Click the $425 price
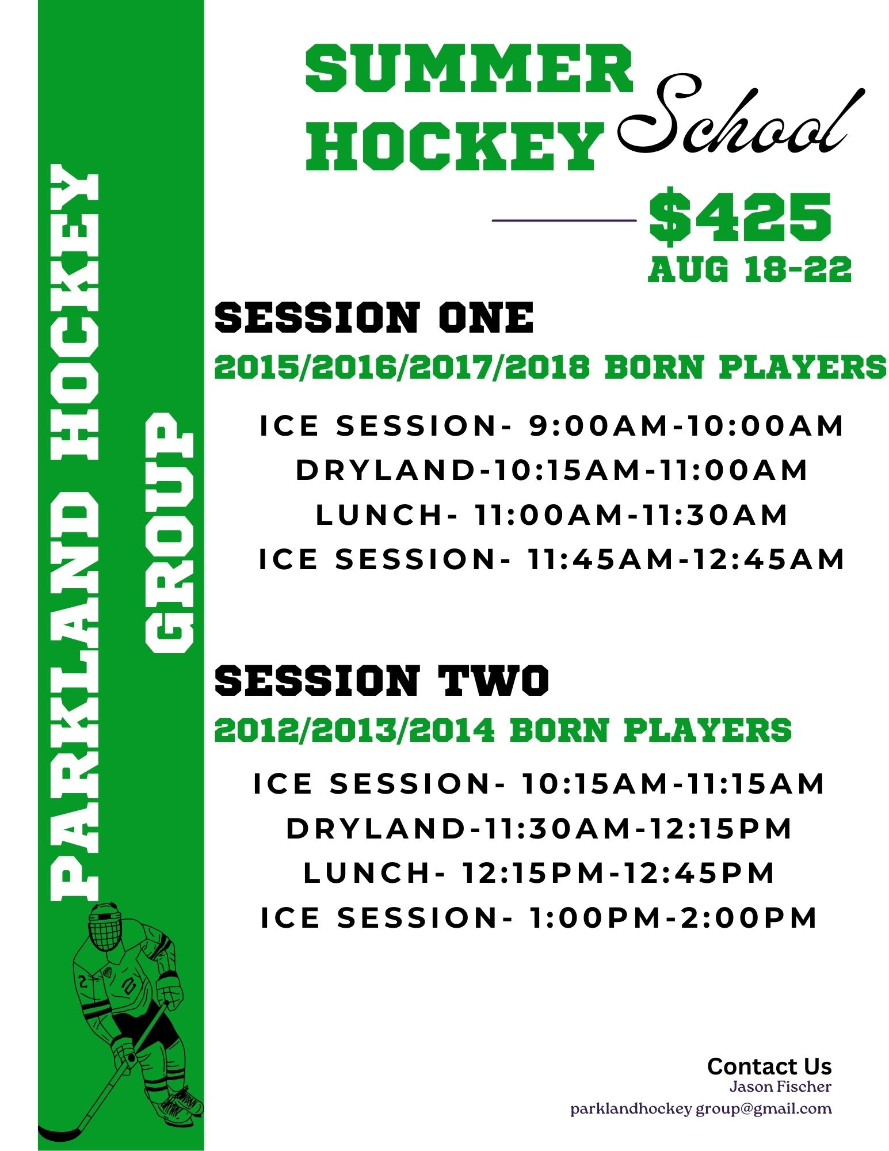tap(740, 217)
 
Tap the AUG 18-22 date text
tap(750, 269)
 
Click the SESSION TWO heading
tap(382, 680)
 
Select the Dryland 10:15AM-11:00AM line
tap(552, 470)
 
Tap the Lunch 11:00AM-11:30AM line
tap(552, 514)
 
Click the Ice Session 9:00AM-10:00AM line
tap(552, 426)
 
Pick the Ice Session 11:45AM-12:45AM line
tap(552, 559)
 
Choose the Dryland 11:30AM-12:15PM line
tap(539, 829)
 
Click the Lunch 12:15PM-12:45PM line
tap(539, 873)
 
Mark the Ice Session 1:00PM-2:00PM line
tap(539, 918)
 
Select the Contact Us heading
tap(769, 1066)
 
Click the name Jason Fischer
tap(780, 1087)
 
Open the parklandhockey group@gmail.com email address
tap(701, 1109)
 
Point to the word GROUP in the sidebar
tap(169, 533)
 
